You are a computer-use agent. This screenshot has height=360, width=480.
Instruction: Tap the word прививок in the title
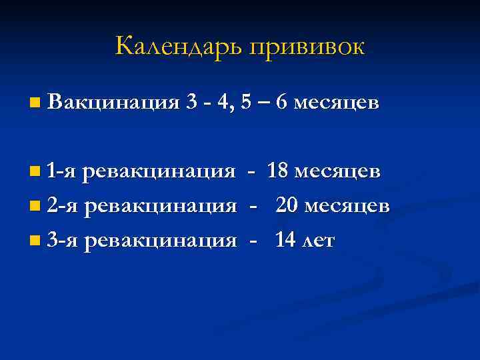(307, 47)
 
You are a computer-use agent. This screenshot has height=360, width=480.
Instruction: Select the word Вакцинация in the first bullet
(114, 103)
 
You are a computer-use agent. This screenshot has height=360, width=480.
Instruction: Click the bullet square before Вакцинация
(35, 103)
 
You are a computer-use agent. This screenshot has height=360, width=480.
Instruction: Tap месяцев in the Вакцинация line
(337, 103)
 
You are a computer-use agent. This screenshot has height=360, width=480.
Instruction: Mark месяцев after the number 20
(348, 207)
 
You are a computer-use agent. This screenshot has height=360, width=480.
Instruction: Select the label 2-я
(63, 207)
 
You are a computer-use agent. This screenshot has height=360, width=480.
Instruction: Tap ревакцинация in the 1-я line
(159, 172)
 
